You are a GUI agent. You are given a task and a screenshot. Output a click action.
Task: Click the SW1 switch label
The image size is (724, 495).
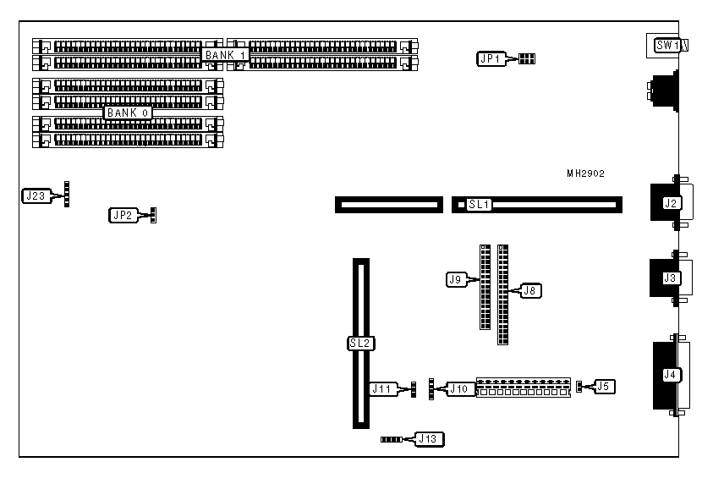[x=666, y=46]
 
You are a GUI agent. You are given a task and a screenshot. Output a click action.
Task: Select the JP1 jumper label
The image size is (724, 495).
[x=490, y=58]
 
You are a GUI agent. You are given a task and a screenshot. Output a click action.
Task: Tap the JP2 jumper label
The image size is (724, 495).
[x=122, y=215]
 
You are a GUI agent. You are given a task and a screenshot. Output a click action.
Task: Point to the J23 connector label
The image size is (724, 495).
[x=35, y=196]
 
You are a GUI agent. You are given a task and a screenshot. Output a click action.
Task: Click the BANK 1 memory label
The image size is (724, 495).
[x=225, y=55]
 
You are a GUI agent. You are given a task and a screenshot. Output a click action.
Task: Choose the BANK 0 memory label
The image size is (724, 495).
[x=128, y=113]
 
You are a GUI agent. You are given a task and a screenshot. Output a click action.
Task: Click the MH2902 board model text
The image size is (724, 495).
[x=586, y=173]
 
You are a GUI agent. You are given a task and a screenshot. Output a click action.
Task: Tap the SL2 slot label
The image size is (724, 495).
[x=361, y=344]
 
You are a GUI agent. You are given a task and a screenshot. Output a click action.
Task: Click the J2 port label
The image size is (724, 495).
[x=672, y=203]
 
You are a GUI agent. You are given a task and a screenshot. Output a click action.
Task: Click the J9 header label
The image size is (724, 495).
[x=455, y=278]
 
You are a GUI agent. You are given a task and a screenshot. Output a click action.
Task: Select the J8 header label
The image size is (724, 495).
[x=530, y=290]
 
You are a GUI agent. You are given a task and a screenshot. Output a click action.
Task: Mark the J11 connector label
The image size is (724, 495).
[x=381, y=388]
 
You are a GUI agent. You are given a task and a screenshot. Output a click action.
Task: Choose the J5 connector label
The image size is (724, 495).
[x=603, y=387]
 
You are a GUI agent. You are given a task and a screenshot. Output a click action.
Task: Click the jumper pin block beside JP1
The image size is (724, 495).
[x=526, y=58]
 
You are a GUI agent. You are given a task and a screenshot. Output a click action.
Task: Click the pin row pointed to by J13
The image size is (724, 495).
[x=392, y=440]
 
